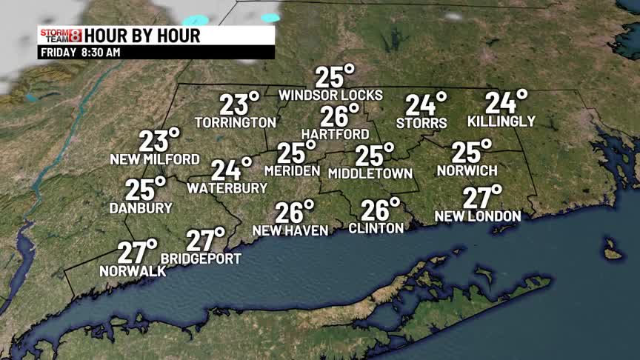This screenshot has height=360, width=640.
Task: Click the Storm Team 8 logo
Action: (x=59, y=36)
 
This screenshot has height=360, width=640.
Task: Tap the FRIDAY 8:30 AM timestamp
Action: (x=79, y=53)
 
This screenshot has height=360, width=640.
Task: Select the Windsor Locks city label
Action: (x=330, y=95)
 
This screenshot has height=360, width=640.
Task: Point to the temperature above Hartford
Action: (x=339, y=116)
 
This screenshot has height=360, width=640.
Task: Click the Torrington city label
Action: (x=236, y=121)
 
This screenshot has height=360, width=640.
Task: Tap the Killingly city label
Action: (x=501, y=121)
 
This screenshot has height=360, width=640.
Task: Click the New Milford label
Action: (x=155, y=159)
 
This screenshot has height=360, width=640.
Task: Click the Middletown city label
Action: (x=370, y=173)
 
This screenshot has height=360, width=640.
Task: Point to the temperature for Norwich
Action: (x=471, y=152)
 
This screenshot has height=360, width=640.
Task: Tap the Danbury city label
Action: (x=141, y=208)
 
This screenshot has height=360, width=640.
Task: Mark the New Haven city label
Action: (x=290, y=231)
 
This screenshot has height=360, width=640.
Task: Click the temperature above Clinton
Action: (x=379, y=210)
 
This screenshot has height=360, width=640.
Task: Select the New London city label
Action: (x=478, y=216)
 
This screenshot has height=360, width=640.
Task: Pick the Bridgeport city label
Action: (x=201, y=259)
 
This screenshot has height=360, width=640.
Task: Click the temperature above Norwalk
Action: (x=136, y=252)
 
